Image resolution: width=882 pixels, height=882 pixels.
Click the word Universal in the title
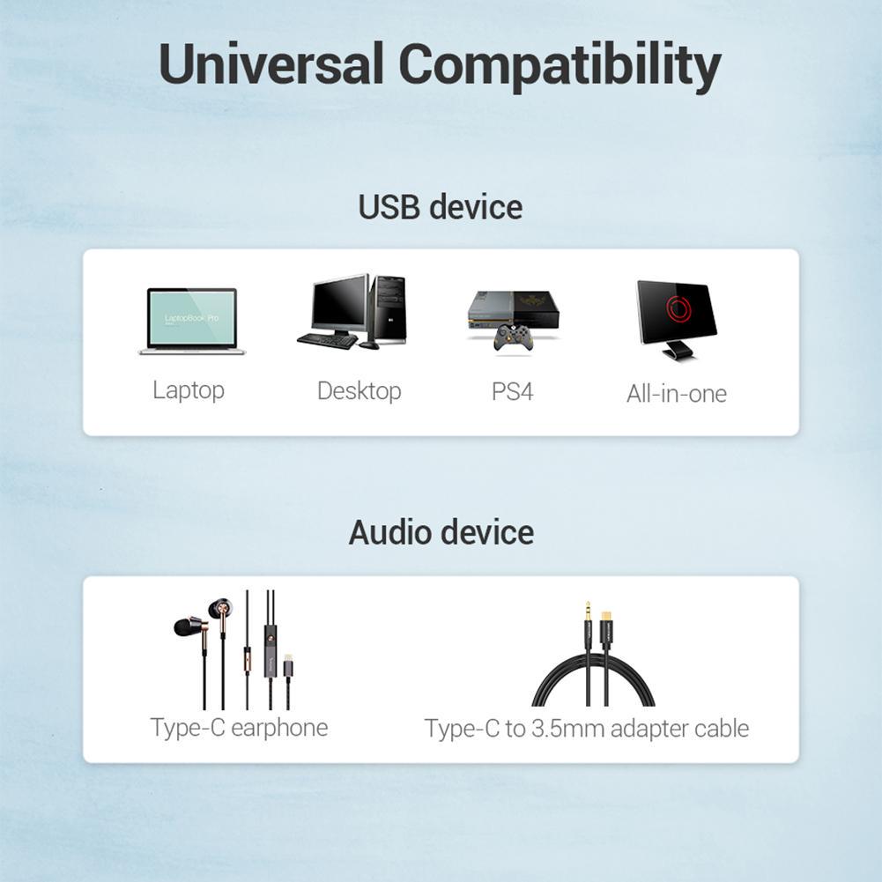pos(271,63)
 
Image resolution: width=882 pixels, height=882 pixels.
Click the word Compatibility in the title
pos(560,66)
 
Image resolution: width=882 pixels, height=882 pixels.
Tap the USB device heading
pos(441,206)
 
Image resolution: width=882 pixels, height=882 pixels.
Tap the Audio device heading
pos(441,532)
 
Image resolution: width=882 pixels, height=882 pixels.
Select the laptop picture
pos(192,322)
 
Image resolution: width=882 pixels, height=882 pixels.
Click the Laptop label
pos(189,390)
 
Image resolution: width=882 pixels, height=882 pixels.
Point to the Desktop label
pos(359,391)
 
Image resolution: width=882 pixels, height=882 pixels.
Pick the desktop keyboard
pos(327,340)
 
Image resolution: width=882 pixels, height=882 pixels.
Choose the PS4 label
pos(513,391)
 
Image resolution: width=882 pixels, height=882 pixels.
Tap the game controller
pos(513,338)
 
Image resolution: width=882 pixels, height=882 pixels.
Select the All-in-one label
pos(677,393)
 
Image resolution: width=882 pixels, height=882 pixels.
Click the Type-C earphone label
pos(239,728)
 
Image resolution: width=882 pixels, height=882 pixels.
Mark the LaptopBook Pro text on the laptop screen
pos(191,318)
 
